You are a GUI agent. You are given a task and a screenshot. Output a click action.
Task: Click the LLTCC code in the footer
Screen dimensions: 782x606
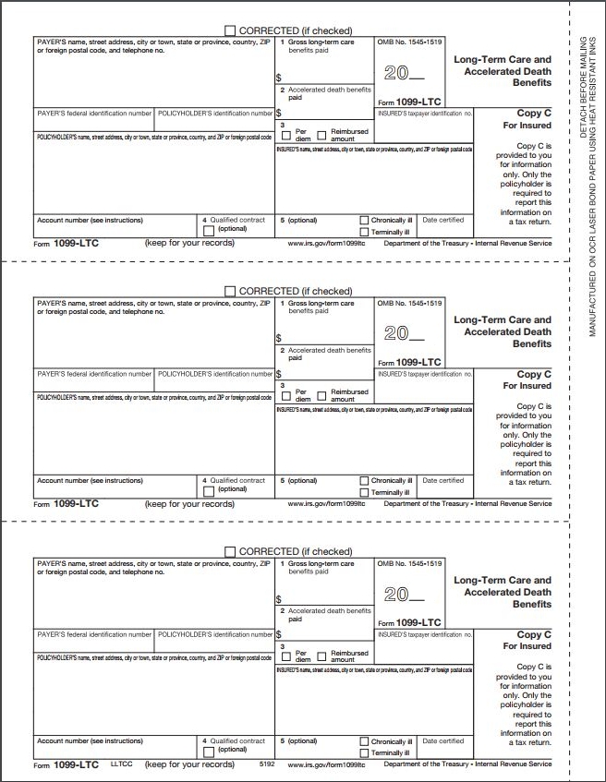122,764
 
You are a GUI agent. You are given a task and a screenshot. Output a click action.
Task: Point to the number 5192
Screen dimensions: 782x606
268,764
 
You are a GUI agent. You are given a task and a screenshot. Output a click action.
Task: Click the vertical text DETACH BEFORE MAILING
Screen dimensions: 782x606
582,83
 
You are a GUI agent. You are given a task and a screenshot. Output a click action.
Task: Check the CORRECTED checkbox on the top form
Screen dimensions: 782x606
230,30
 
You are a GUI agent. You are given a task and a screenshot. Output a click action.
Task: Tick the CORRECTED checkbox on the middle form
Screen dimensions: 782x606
230,291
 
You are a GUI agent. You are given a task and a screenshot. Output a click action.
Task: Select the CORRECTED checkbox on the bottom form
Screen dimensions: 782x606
230,551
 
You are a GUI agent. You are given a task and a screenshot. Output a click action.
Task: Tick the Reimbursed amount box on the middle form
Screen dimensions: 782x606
321,395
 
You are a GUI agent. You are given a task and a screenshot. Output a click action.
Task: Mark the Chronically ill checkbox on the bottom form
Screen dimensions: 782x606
364,741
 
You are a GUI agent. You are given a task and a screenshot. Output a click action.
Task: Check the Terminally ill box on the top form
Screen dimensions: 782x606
364,232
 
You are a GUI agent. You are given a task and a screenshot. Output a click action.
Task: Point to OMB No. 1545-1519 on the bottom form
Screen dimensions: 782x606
409,563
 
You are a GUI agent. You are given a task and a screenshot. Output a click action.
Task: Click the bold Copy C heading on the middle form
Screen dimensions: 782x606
533,375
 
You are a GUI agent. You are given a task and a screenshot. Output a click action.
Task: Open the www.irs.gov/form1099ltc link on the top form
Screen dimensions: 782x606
328,244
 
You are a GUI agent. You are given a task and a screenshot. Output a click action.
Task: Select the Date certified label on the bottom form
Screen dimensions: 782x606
442,740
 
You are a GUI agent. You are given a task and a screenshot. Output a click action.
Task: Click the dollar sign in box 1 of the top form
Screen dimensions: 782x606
278,78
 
